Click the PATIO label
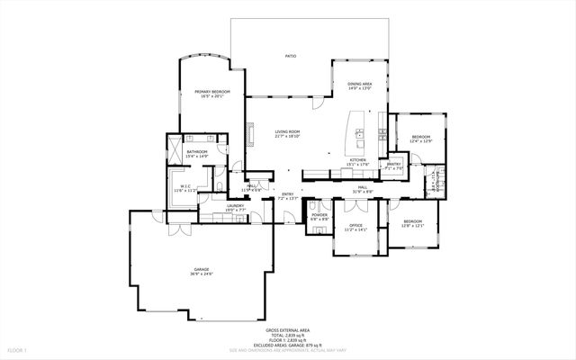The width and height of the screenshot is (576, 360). click(x=291, y=56)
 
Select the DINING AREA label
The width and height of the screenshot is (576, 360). click(x=360, y=84)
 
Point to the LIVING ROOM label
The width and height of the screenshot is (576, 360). click(x=287, y=132)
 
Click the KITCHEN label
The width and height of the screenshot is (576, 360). click(x=357, y=160)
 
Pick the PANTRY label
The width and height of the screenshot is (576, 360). click(x=393, y=165)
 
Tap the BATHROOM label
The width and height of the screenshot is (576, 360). click(x=197, y=152)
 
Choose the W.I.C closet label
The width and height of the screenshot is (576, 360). click(x=184, y=186)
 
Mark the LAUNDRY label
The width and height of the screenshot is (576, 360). click(x=236, y=206)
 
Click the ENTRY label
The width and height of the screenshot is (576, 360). click(x=288, y=194)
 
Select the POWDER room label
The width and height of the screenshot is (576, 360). click(x=319, y=214)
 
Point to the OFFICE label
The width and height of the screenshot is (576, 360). click(x=356, y=225)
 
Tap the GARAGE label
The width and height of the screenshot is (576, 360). click(x=201, y=269)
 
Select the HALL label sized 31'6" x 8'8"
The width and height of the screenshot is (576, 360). click(x=361, y=187)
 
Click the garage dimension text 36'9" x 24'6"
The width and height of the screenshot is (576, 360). click(x=201, y=274)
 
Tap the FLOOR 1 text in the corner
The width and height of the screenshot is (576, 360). click(x=18, y=348)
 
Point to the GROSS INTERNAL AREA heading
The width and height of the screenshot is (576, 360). click(x=288, y=330)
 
